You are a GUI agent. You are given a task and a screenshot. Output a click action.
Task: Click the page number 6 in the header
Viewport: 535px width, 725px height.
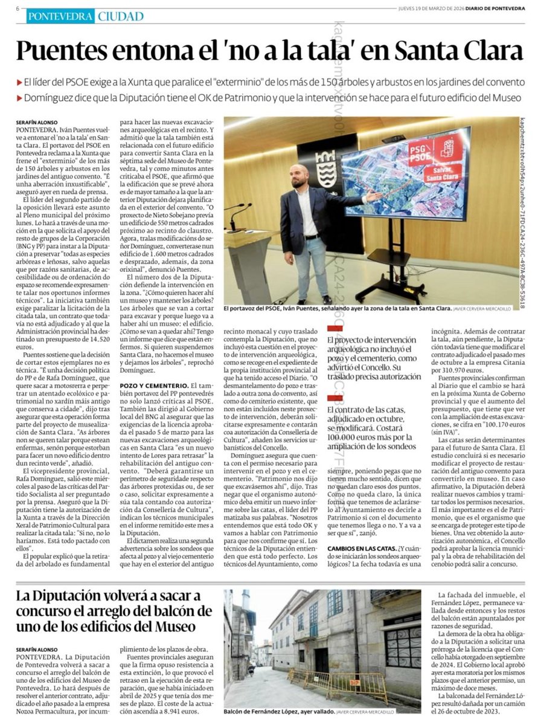18,8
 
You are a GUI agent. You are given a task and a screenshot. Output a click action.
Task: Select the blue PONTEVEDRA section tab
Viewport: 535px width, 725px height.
60,16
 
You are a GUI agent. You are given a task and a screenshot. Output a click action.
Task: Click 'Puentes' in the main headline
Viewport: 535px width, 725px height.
71,51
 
